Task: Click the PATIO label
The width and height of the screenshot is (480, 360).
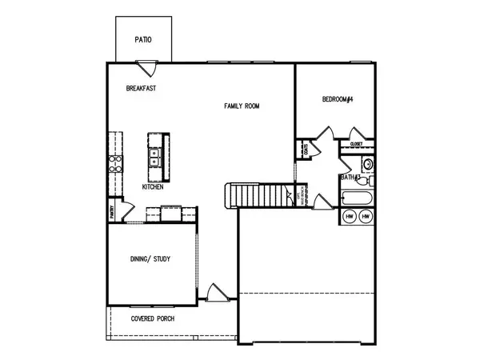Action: click(143, 38)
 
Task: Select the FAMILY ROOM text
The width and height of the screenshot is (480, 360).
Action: click(241, 106)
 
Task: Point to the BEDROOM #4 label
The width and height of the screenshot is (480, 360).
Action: click(338, 99)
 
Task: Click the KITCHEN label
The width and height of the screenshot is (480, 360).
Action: click(153, 186)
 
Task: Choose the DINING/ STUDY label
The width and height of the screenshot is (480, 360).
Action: click(150, 259)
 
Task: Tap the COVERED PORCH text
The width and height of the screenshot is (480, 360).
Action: click(154, 318)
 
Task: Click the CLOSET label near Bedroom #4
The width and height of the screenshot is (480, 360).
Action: click(357, 144)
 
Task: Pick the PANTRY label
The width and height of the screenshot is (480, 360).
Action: click(112, 212)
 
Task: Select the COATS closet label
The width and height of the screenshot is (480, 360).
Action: click(307, 149)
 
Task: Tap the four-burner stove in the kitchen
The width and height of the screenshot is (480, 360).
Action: click(115, 163)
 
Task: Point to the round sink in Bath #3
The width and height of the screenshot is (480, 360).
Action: click(367, 164)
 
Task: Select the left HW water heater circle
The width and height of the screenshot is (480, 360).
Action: click(350, 217)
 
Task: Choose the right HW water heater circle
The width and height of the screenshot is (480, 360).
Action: click(366, 217)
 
